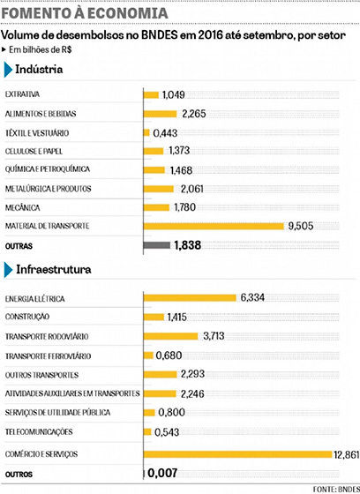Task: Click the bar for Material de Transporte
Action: coord(214,226)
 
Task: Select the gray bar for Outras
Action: coord(157,245)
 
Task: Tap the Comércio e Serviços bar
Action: coord(238,454)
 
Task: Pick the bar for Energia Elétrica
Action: coord(190,298)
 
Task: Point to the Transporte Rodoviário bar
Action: coord(170,336)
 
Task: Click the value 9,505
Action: coord(301,226)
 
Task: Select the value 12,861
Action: coord(347,454)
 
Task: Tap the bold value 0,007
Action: coord(162,473)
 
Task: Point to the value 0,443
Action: coord(165,133)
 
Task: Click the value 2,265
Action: coord(194,114)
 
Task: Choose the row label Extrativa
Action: coord(22,94)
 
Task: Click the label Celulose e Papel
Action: coord(34,151)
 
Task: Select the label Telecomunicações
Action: coord(39,431)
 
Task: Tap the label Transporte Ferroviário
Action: coord(48,356)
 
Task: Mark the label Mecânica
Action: coord(22,207)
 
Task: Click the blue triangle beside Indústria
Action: coord(8,70)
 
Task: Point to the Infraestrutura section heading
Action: coord(54,270)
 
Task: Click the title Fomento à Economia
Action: coord(85,13)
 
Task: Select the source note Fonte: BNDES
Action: coord(336,490)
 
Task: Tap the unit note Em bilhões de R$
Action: coord(40,49)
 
